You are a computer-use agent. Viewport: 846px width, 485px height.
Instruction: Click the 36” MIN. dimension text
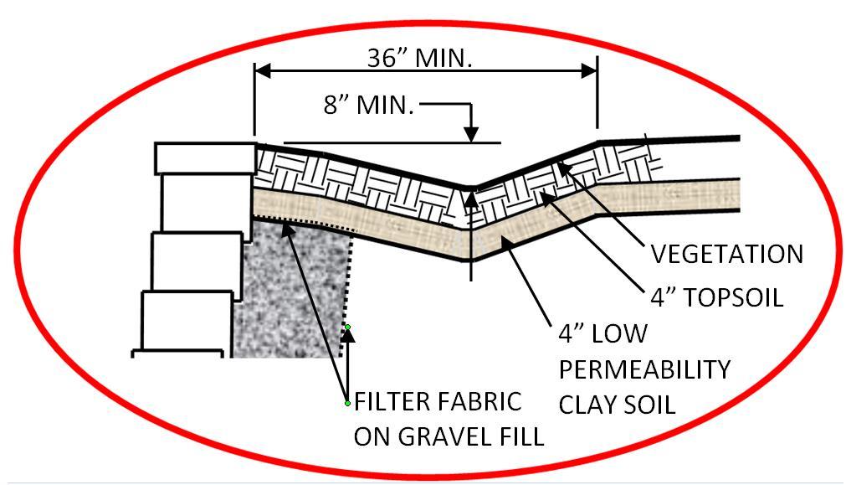(420, 57)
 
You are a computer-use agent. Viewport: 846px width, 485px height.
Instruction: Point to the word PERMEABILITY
(644, 369)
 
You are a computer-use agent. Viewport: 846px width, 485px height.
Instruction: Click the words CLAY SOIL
(617, 405)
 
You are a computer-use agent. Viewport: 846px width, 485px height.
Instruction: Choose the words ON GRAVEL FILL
(449, 436)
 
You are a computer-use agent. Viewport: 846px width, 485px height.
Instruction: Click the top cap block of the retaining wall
(205, 158)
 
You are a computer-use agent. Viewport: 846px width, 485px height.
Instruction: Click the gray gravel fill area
(293, 293)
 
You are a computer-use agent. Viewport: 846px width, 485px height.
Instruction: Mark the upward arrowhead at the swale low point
(471, 200)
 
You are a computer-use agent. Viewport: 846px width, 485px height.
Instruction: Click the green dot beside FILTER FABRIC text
(347, 404)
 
